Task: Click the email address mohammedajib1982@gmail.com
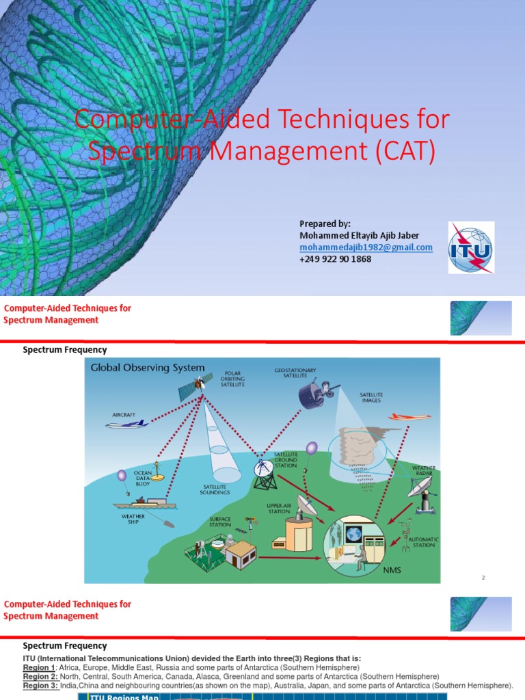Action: coord(366,247)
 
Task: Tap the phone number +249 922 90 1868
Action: coord(335,259)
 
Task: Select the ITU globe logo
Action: coord(470,247)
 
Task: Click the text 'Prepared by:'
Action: coord(325,224)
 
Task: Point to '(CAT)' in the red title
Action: coord(403,151)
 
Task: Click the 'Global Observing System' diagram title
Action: coord(148,368)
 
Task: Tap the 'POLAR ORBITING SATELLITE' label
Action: coord(232,379)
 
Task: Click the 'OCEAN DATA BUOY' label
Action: coord(143,478)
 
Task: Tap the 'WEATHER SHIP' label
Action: coord(133,520)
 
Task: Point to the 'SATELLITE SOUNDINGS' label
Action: coord(215,489)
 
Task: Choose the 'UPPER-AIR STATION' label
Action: coord(279,508)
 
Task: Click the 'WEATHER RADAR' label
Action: coord(423,472)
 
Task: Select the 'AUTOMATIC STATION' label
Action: coord(423,542)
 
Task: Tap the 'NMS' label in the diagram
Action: coord(392,569)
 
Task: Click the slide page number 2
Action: coord(483,578)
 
